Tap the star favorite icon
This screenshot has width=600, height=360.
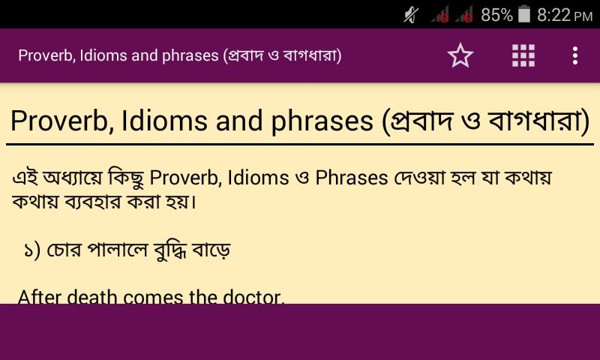click(x=460, y=55)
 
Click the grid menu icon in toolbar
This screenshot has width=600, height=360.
click(x=523, y=55)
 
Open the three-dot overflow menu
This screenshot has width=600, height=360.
click(x=575, y=55)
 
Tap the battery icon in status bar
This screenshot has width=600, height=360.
click(x=524, y=14)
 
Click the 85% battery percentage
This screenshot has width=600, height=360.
click(x=496, y=15)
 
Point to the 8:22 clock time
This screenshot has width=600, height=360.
click(x=554, y=15)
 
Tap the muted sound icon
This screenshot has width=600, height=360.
click(x=411, y=15)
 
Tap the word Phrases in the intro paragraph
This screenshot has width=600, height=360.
click(x=352, y=178)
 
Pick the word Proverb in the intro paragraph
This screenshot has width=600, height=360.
click(x=184, y=178)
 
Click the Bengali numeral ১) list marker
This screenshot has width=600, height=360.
click(x=31, y=250)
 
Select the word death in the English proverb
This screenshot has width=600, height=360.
click(x=91, y=297)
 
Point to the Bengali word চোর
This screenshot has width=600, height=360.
click(x=64, y=250)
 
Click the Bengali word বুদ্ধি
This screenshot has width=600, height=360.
click(x=170, y=250)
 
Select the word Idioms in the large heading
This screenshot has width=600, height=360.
click(x=165, y=121)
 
